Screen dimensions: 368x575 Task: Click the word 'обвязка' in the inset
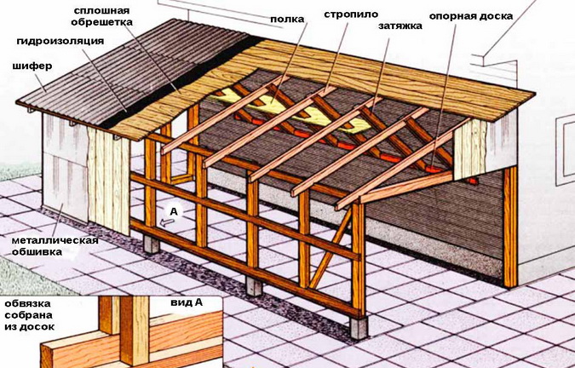26,303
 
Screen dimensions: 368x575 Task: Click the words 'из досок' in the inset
29,326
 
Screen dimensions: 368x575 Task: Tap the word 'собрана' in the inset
26,315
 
